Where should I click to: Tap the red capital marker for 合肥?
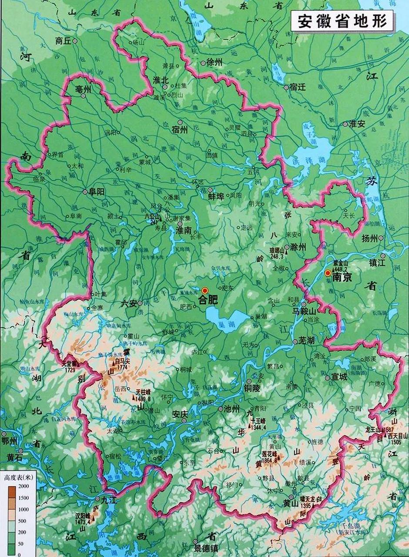204,290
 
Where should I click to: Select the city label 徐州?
214,63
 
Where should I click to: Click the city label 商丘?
63,41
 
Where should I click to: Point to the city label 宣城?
339,377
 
